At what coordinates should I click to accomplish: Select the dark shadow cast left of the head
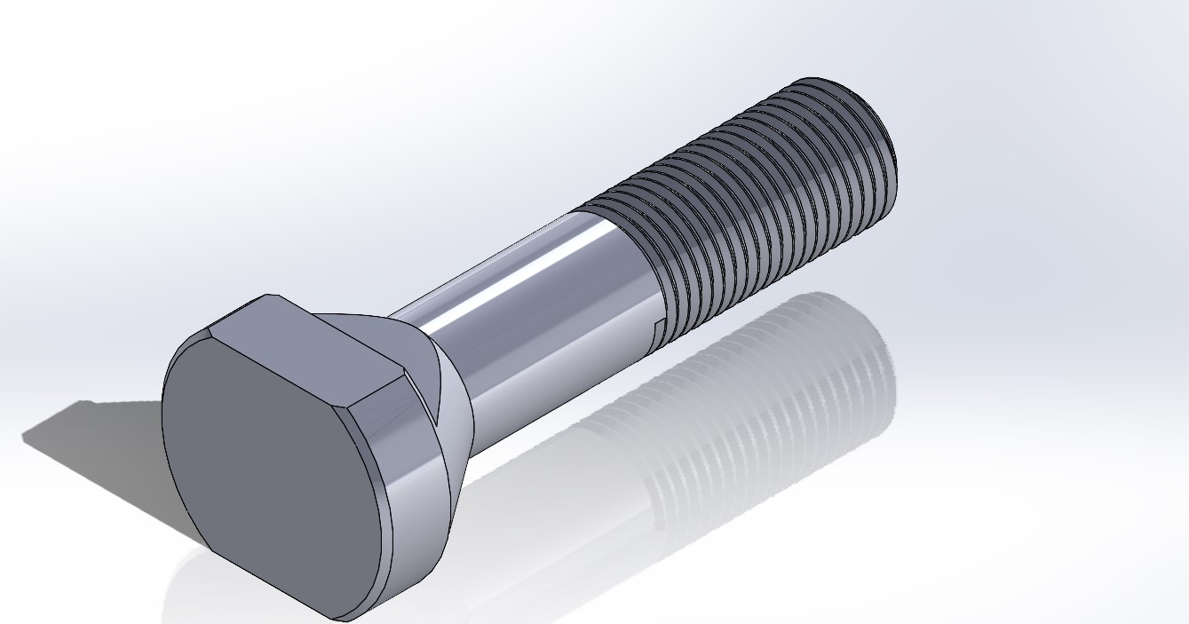click(98, 444)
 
